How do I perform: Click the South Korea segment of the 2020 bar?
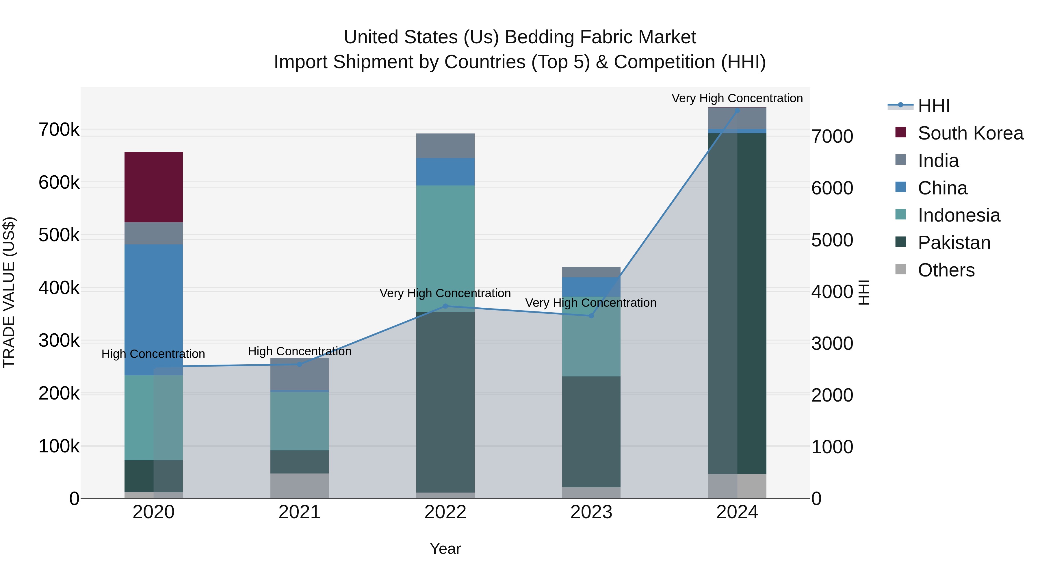click(x=153, y=187)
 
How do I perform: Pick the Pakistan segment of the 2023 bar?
click(x=591, y=432)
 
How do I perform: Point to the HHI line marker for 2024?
click(x=737, y=110)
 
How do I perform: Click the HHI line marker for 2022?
click(x=445, y=306)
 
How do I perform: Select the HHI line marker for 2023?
click(x=591, y=316)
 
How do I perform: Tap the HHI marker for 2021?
click(x=299, y=364)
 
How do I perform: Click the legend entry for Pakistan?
click(x=954, y=243)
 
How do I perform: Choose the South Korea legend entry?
click(x=970, y=133)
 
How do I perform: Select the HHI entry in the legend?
click(x=933, y=106)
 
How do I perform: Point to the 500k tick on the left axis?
click(x=59, y=235)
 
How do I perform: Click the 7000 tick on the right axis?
click(x=832, y=136)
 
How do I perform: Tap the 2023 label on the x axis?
click(x=591, y=512)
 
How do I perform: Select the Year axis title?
click(x=445, y=549)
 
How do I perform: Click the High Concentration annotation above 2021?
click(x=299, y=351)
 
